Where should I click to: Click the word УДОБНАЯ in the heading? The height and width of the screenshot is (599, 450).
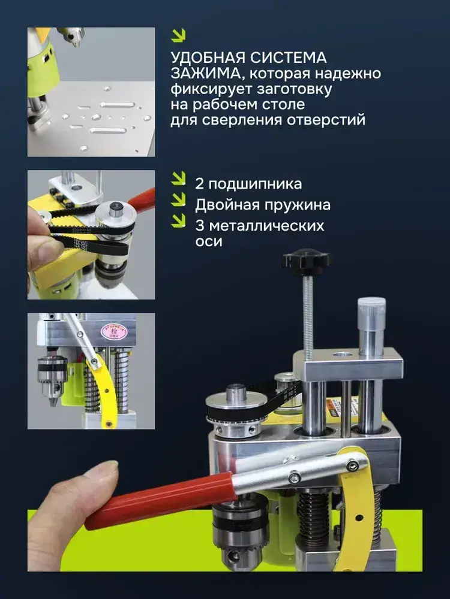[208, 58]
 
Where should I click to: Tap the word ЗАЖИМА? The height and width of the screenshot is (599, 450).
[205, 73]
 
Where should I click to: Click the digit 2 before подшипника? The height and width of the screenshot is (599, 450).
[199, 184]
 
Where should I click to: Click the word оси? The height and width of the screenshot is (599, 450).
[209, 242]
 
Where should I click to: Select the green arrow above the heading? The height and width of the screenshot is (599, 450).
[178, 35]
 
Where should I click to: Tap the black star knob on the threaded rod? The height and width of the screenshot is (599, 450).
[307, 261]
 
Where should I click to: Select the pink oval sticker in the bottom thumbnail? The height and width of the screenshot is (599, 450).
[116, 329]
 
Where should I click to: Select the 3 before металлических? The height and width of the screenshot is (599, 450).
[200, 226]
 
